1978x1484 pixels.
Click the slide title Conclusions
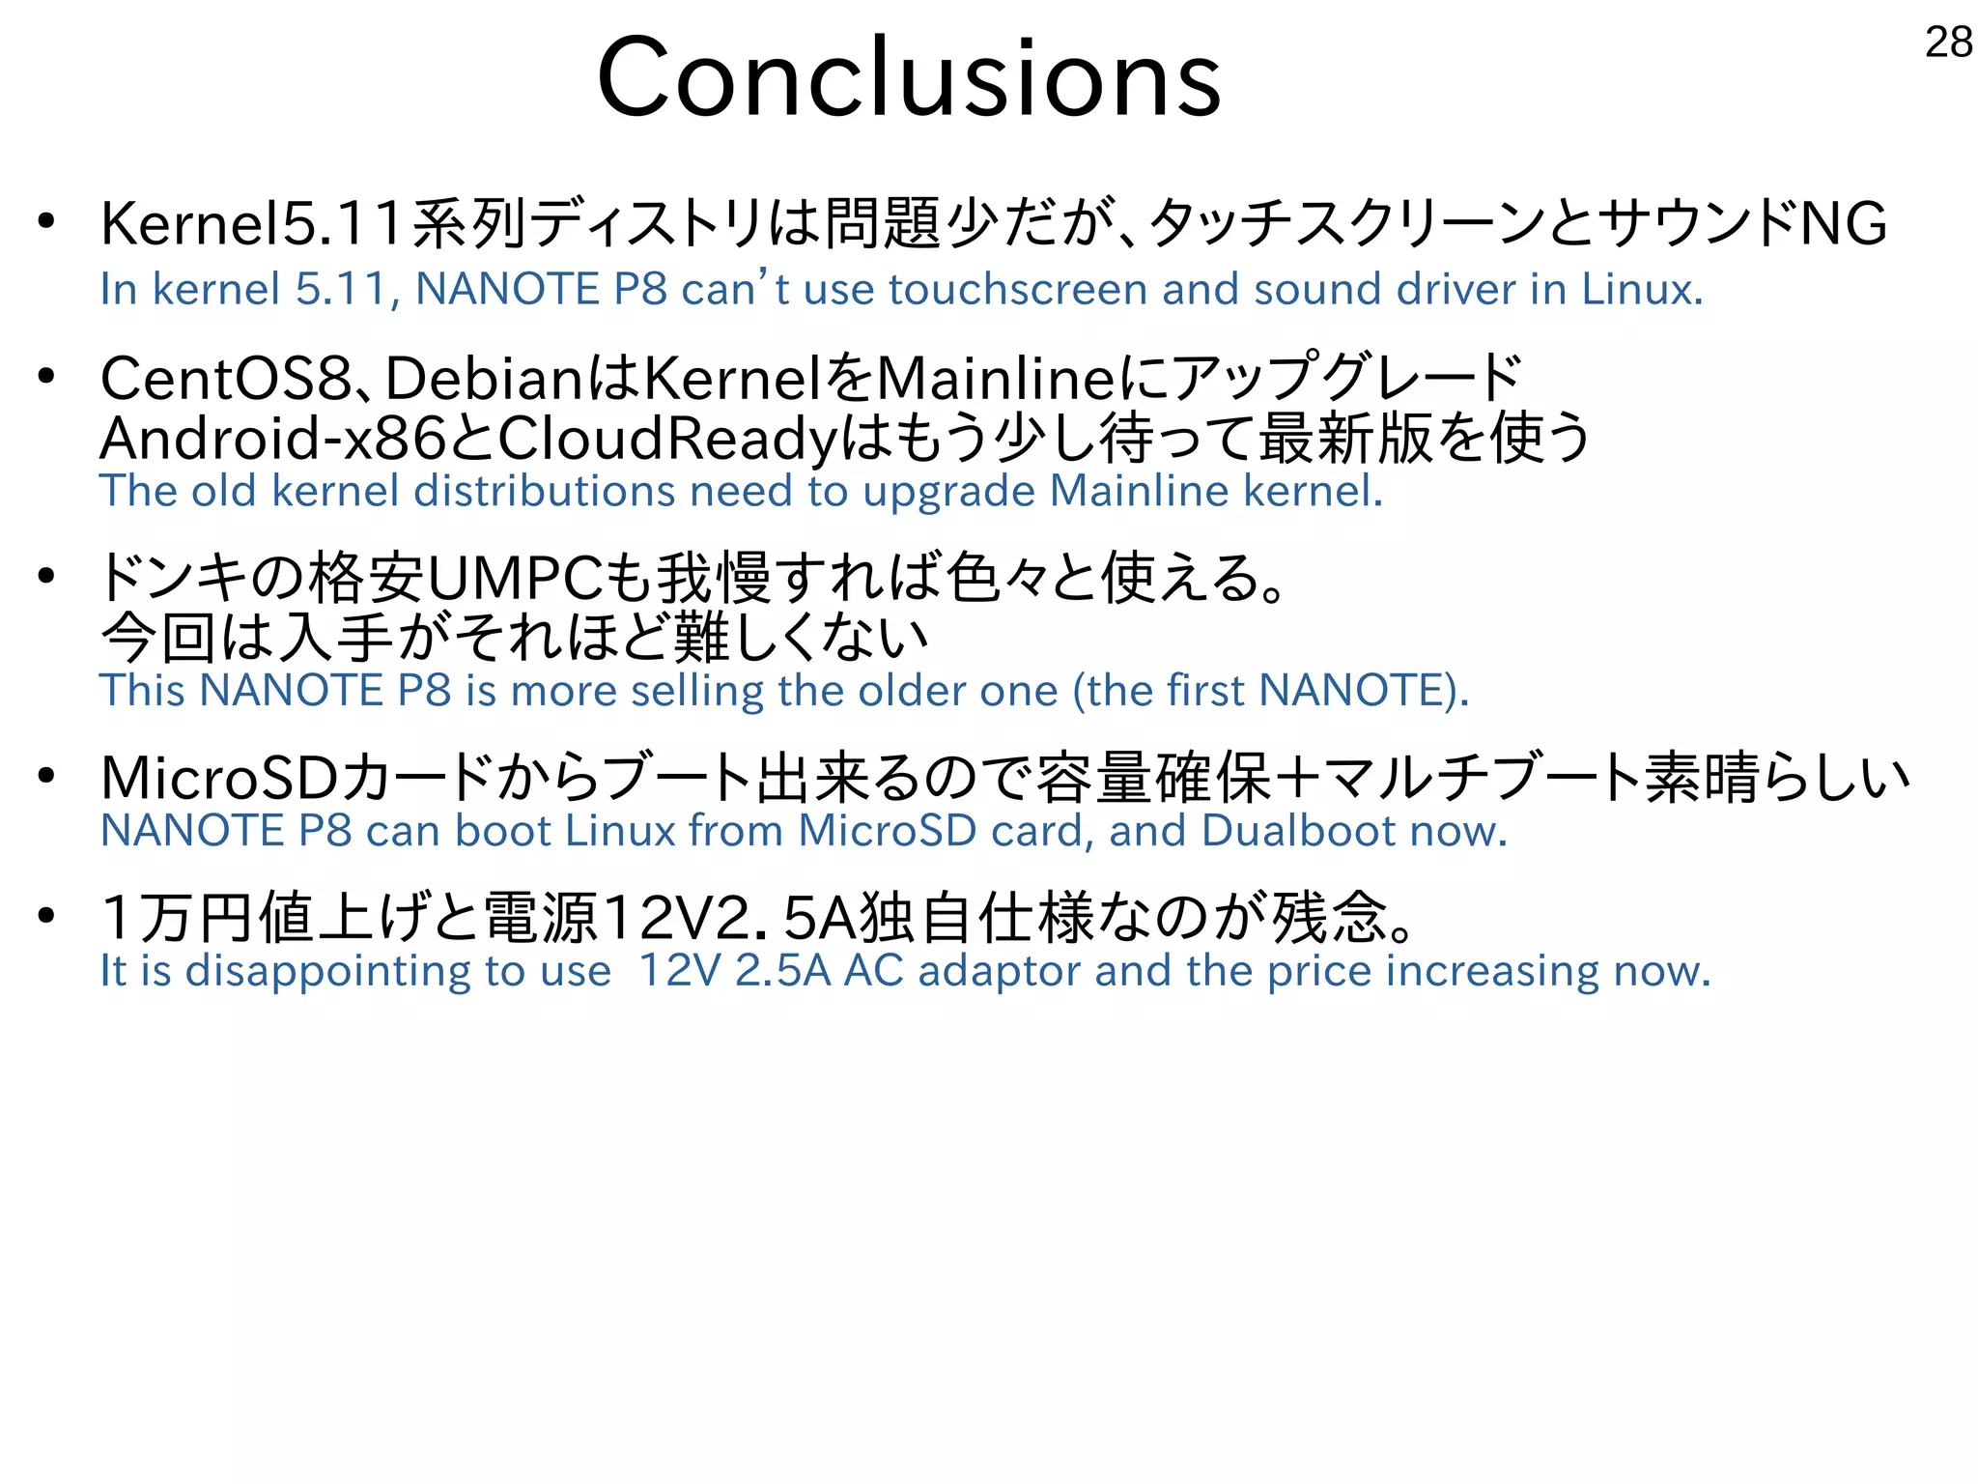[x=908, y=77]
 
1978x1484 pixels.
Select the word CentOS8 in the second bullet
[x=226, y=379]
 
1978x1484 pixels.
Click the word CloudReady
[x=666, y=439]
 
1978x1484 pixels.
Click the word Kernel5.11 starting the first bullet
[x=251, y=224]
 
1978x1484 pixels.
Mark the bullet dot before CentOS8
[x=46, y=377]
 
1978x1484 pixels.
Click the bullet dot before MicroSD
[x=46, y=777]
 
